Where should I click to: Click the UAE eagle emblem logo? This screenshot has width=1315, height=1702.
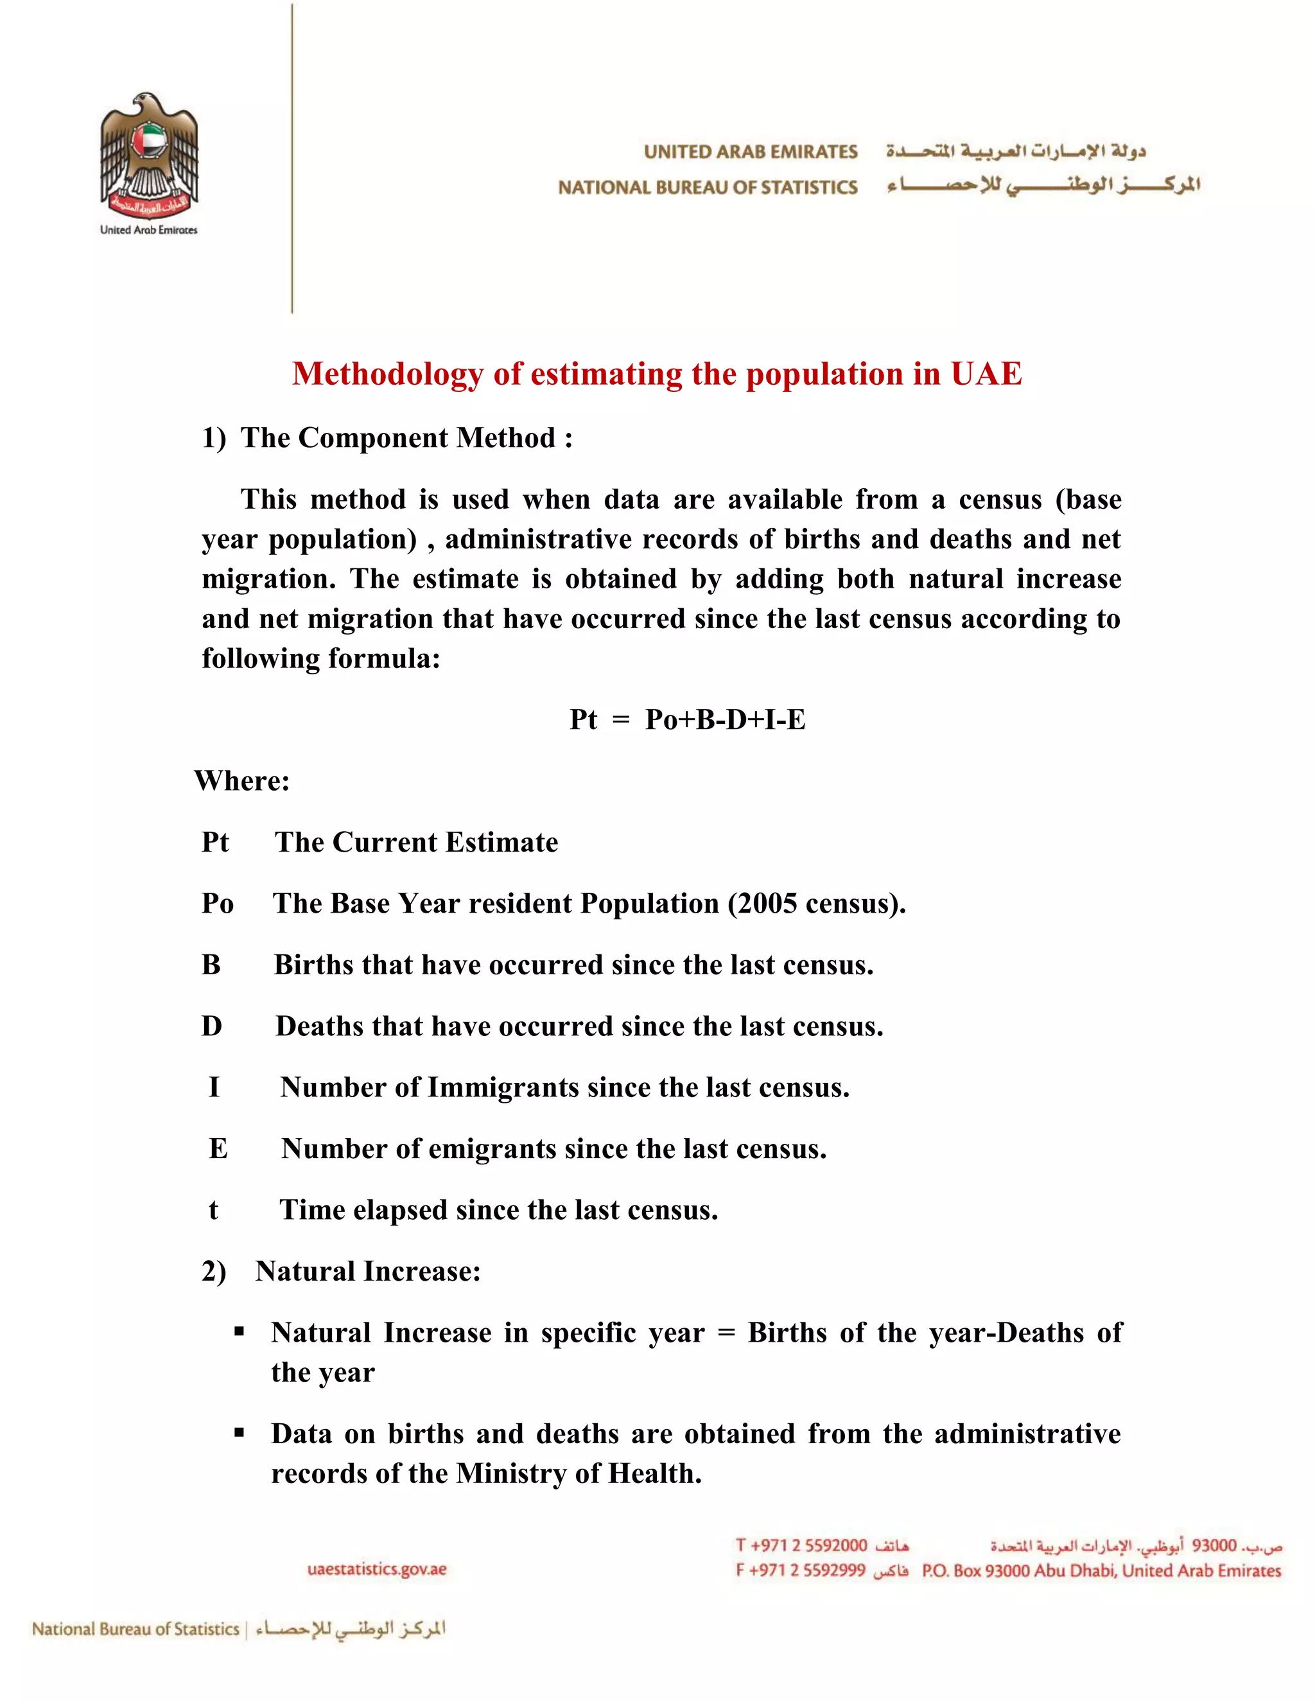click(149, 156)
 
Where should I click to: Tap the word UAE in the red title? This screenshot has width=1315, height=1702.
click(986, 374)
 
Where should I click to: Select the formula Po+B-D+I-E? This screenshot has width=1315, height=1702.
click(724, 719)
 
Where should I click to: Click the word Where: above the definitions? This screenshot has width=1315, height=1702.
click(242, 781)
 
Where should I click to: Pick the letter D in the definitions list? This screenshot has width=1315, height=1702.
click(212, 1026)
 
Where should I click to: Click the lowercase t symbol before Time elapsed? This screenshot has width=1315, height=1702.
click(213, 1210)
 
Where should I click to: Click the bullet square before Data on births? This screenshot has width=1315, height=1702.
click(239, 1432)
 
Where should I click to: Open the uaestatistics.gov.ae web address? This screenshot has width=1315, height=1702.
click(377, 1570)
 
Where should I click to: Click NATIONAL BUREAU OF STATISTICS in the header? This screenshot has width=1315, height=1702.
click(708, 188)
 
